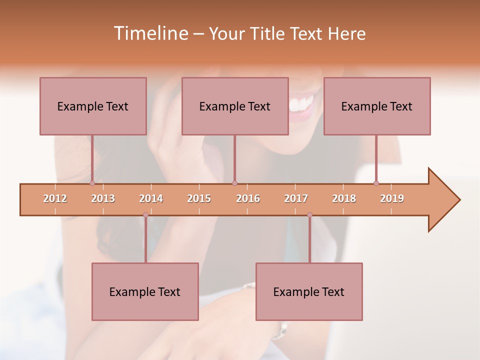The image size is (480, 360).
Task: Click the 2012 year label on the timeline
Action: pos(55,198)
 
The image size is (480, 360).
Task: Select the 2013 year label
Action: pos(103,198)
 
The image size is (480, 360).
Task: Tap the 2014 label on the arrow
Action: pos(151,198)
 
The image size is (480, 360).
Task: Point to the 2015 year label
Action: pos(199,198)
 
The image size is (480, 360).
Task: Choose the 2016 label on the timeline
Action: pos(248,198)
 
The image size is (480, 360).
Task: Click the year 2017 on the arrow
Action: pos(296,198)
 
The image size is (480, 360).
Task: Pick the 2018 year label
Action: pos(344,198)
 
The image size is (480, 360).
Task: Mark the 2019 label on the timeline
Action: pos(392,198)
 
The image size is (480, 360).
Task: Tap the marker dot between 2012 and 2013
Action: pos(92,183)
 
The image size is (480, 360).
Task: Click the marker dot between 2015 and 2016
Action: pos(234,183)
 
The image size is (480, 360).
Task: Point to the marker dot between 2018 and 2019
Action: pos(376,183)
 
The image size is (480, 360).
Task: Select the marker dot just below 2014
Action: pos(145,215)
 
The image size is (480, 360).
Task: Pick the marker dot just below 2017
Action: pos(309,215)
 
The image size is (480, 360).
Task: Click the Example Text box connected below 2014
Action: pos(145,291)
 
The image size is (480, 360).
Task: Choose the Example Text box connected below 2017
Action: pos(309,291)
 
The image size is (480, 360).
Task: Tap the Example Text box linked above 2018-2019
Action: pos(377,106)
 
